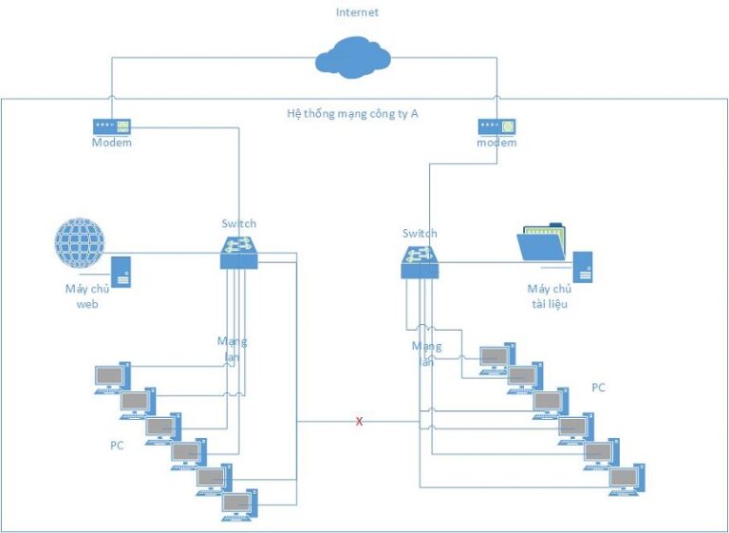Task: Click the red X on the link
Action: tap(359, 421)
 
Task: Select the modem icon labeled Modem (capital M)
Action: tap(111, 125)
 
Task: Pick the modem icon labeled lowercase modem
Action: tap(496, 125)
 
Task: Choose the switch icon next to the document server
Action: tap(420, 259)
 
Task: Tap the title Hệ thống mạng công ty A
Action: tap(352, 112)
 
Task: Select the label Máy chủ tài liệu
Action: tap(549, 295)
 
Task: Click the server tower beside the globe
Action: tap(121, 272)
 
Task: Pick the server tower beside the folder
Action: tap(582, 267)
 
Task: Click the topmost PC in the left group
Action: tap(112, 376)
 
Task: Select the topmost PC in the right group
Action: tap(495, 357)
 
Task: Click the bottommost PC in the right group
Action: tap(626, 478)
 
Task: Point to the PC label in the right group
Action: tap(598, 389)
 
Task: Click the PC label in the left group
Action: tap(117, 444)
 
